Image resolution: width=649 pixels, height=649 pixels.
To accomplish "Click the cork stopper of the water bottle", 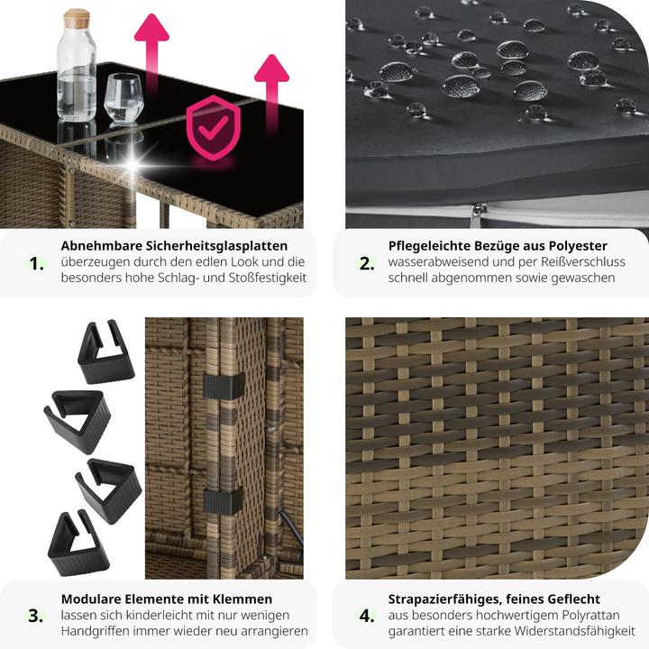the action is click(76, 18).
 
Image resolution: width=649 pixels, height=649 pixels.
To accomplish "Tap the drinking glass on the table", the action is click(123, 99).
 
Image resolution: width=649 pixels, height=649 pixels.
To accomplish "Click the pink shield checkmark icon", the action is click(213, 127).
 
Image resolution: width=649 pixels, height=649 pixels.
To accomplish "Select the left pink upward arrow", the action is click(152, 54).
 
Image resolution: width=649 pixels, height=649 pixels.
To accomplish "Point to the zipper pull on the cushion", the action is click(477, 215).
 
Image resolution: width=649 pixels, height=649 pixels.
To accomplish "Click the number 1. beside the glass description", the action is click(36, 263).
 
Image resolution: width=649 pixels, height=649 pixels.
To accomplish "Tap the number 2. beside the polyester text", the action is click(367, 263).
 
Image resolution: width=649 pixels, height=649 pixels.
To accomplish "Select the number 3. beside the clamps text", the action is click(36, 616).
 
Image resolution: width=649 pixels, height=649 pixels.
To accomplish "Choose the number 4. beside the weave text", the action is click(367, 616).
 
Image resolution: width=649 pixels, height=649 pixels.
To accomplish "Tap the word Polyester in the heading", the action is click(578, 246).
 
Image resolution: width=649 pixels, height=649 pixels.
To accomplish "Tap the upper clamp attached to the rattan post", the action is click(224, 386).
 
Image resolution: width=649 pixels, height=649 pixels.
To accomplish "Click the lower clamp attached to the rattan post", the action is click(223, 500).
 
